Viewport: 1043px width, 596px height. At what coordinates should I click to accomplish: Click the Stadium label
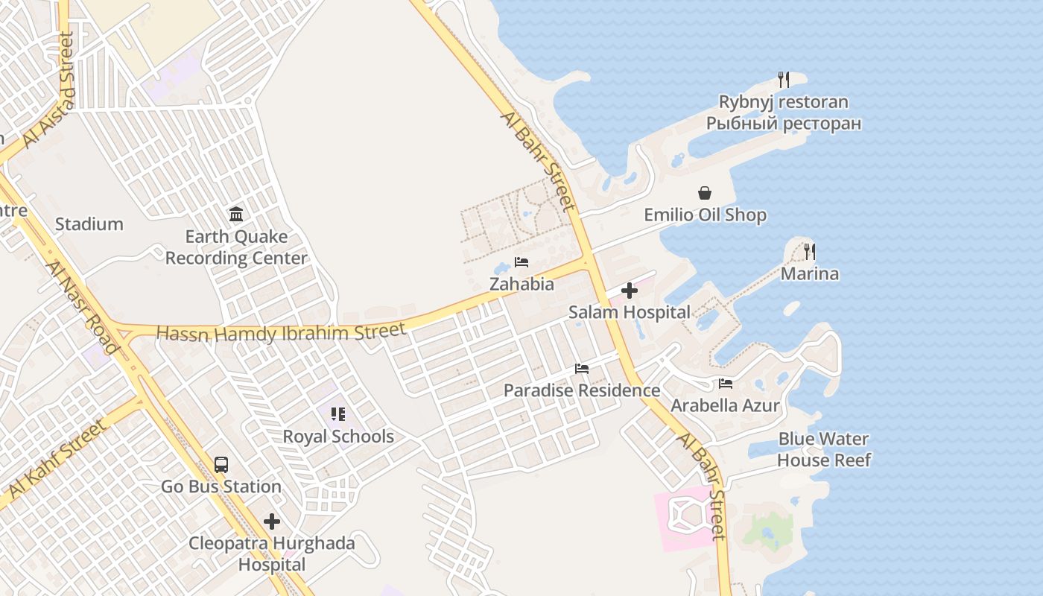pyautogui.click(x=89, y=223)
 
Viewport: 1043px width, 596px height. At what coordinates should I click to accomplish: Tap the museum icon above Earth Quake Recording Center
pyautogui.click(x=236, y=215)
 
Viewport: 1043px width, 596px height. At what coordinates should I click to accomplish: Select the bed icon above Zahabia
pyautogui.click(x=521, y=262)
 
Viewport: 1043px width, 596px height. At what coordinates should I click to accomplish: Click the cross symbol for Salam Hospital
pyautogui.click(x=630, y=291)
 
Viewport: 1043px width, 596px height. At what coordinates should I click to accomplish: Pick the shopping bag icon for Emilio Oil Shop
pyautogui.click(x=705, y=193)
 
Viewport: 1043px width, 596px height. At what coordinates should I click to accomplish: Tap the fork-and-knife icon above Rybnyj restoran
pyautogui.click(x=783, y=80)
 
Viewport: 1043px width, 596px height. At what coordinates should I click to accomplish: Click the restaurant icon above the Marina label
pyautogui.click(x=810, y=252)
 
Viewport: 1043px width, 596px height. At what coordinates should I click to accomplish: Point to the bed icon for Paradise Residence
pyautogui.click(x=582, y=369)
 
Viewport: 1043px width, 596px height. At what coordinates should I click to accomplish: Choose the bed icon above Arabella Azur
pyautogui.click(x=726, y=384)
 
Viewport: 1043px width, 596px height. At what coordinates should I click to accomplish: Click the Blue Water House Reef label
pyautogui.click(x=823, y=449)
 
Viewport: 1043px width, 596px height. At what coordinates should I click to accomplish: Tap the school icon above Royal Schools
pyautogui.click(x=338, y=413)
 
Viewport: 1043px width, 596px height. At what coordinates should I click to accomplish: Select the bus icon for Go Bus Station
pyautogui.click(x=221, y=465)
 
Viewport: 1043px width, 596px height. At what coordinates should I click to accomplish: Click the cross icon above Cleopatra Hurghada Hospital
pyautogui.click(x=272, y=521)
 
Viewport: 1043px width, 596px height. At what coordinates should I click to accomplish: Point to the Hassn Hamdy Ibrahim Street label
pyautogui.click(x=281, y=332)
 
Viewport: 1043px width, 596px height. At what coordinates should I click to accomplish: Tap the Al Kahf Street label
pyautogui.click(x=56, y=459)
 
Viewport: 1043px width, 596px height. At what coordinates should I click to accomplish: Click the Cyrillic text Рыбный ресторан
pyautogui.click(x=784, y=123)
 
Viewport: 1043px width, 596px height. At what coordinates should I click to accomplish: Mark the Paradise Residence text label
pyautogui.click(x=582, y=390)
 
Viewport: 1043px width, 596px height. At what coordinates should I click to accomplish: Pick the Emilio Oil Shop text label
pyautogui.click(x=705, y=215)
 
